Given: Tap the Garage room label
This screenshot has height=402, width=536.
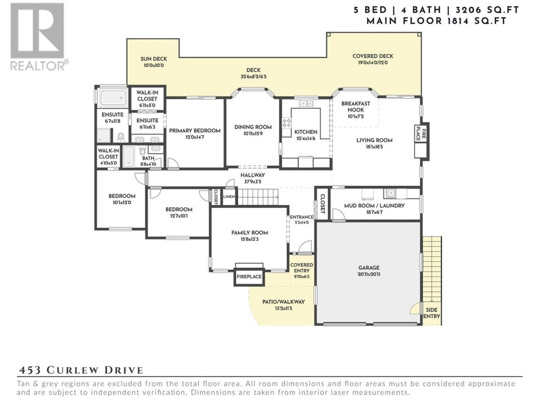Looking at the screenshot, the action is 369,268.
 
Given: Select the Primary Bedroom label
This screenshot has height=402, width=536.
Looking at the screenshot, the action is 195,131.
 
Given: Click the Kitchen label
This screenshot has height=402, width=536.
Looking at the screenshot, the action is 306,132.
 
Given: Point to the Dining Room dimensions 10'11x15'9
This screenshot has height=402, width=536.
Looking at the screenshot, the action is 253,134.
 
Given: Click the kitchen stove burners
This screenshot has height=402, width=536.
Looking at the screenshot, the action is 286,123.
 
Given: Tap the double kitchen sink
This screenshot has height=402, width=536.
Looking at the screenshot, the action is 306,103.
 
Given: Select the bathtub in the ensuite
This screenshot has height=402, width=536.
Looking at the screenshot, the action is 113,98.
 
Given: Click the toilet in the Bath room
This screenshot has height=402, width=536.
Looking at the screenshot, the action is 142,150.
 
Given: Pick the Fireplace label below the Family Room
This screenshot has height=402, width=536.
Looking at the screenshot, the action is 249,276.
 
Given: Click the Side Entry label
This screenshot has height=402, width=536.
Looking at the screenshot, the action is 431,313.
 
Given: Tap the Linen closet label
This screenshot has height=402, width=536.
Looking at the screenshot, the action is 229,196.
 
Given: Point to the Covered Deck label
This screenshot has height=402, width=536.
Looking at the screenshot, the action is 373,56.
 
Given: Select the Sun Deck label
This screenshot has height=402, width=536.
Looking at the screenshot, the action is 154,59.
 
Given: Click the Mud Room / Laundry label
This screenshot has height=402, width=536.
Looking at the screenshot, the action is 374,206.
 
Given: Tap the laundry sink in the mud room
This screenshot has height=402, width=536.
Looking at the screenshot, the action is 390,193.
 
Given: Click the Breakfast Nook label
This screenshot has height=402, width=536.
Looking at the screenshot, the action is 356,107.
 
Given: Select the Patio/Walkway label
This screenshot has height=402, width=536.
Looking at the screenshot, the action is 283,301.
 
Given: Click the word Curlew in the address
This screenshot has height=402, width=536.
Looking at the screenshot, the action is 72,370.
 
